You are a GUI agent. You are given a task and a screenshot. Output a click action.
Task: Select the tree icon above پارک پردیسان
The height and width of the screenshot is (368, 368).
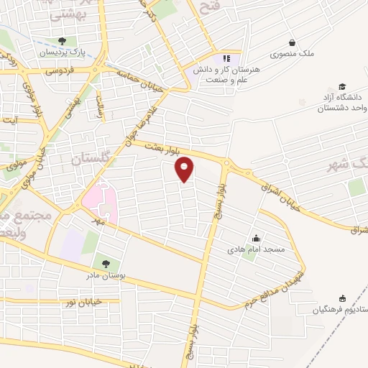pyautogui.click(x=63, y=41)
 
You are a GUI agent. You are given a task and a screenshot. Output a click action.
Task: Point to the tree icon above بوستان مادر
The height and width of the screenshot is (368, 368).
pyautogui.click(x=106, y=265)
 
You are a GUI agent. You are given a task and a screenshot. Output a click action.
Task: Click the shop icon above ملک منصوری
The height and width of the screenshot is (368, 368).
pyautogui.click(x=291, y=42)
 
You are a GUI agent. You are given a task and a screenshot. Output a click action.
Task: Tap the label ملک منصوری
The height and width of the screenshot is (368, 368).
pyautogui.click(x=291, y=54)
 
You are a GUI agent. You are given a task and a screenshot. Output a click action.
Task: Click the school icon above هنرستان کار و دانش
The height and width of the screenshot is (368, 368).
pyautogui.click(x=227, y=57)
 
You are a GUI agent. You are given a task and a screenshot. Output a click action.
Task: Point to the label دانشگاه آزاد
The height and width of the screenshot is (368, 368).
pyautogui.click(x=346, y=98)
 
